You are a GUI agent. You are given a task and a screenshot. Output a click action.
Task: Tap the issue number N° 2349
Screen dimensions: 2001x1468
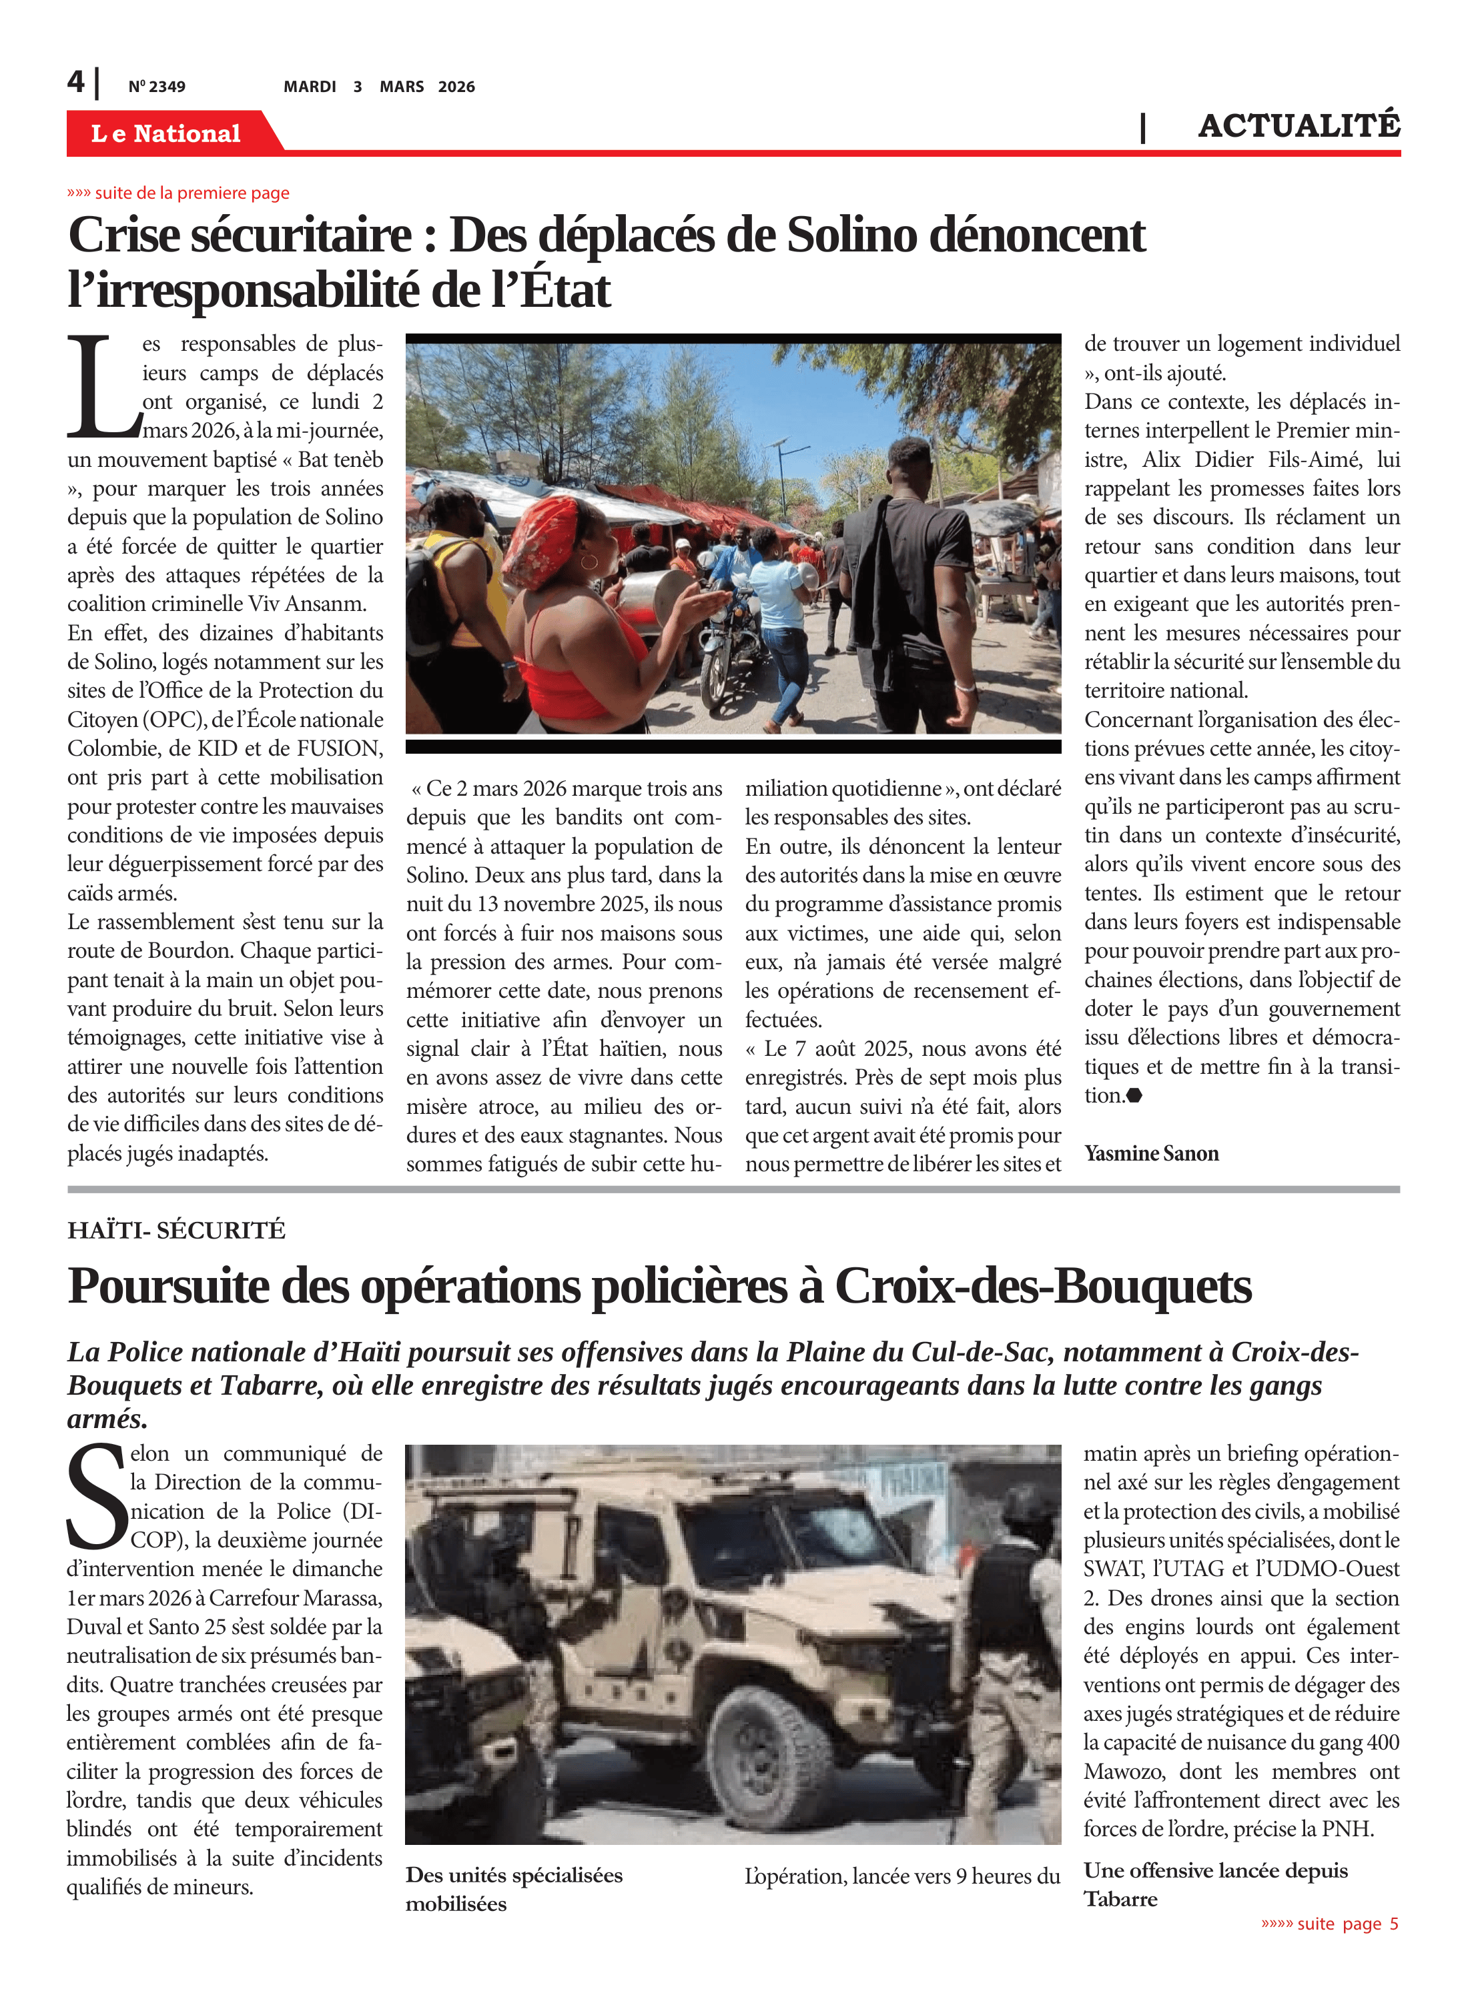pos(156,87)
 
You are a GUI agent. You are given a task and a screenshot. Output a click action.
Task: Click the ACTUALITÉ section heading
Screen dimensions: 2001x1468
pos(1299,126)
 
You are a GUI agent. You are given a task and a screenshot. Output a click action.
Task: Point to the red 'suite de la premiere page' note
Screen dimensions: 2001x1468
pos(179,193)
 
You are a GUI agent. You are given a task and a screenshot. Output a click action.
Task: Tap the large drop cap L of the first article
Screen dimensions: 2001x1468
pos(102,388)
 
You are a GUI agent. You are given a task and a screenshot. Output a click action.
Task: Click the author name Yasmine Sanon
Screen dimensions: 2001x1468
pos(1151,1153)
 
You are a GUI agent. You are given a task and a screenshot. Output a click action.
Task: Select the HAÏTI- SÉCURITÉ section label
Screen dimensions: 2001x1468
pos(176,1230)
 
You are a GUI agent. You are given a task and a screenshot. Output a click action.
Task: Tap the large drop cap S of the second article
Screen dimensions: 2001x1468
pos(97,1497)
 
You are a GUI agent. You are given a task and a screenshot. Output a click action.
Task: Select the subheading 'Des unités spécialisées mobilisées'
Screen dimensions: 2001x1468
pos(514,1888)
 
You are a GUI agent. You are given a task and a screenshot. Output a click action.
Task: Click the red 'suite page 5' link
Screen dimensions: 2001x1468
pos(1329,1923)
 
